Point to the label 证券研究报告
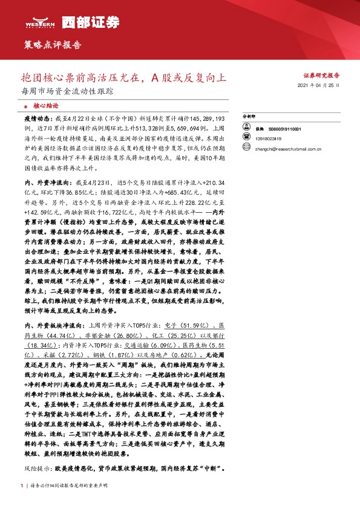coord(321,76)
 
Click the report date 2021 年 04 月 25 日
coord(319,86)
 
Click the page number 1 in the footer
coord(21,485)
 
